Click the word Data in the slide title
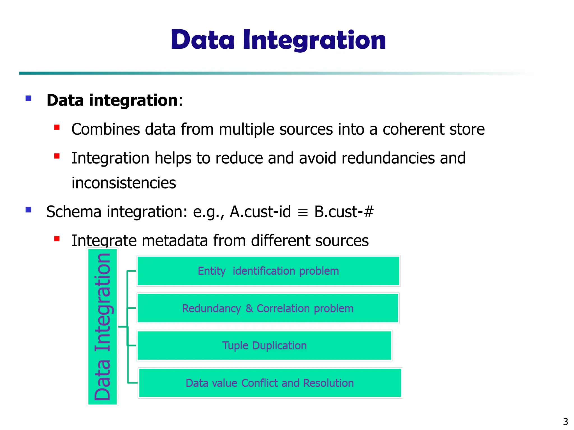pyautogui.click(x=203, y=41)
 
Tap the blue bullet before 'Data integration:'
pyautogui.click(x=28, y=98)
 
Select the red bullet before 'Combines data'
pyautogui.click(x=57, y=128)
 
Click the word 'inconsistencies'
pyautogui.click(x=124, y=183)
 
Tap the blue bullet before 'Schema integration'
pyautogui.click(x=28, y=210)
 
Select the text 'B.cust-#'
pyautogui.click(x=344, y=212)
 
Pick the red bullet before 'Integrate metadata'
pyautogui.click(x=57, y=239)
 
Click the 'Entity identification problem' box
pyautogui.click(x=268, y=271)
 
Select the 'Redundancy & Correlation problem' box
pyautogui.click(x=268, y=308)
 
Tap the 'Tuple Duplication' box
pyautogui.click(x=264, y=345)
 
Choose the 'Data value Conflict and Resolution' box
pyautogui.click(x=270, y=383)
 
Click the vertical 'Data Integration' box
pyautogui.click(x=102, y=327)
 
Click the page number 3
pyautogui.click(x=565, y=422)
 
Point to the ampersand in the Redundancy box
pyautogui.click(x=249, y=309)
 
